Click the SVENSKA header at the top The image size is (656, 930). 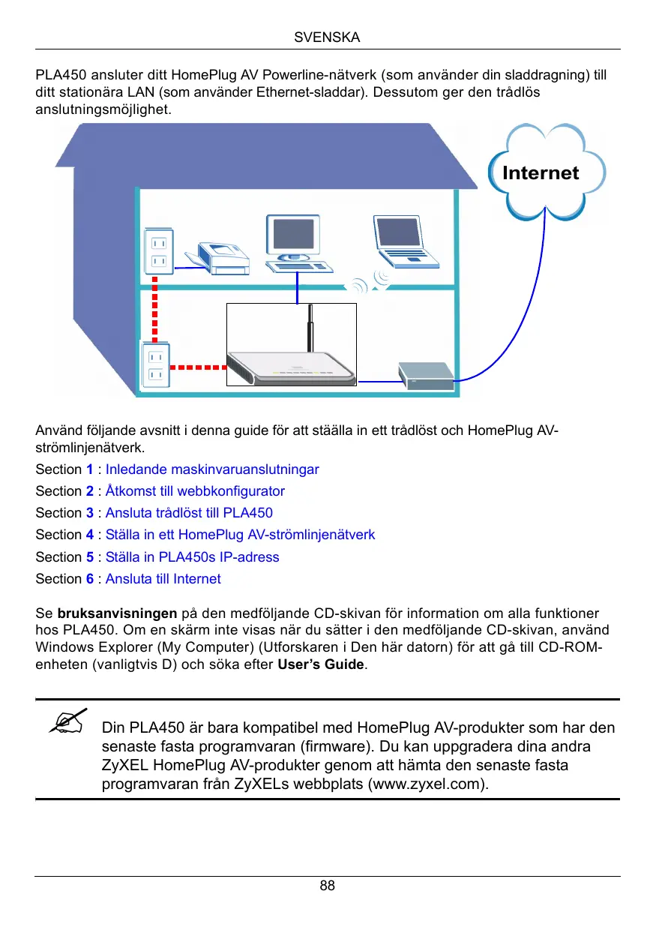[x=328, y=37]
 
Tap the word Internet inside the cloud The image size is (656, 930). [x=541, y=173]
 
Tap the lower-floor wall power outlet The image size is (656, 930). [x=156, y=365]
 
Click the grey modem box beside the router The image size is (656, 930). [x=426, y=373]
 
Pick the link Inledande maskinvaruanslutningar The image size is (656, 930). [x=212, y=469]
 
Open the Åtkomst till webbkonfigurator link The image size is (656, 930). [x=195, y=491]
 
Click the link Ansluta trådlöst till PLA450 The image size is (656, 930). [x=189, y=513]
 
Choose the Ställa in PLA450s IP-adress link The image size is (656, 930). [x=192, y=557]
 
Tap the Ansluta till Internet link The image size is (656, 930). [x=163, y=579]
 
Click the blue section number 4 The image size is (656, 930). [x=90, y=535]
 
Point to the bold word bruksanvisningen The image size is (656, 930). [x=117, y=613]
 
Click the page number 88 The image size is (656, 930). [x=328, y=886]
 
